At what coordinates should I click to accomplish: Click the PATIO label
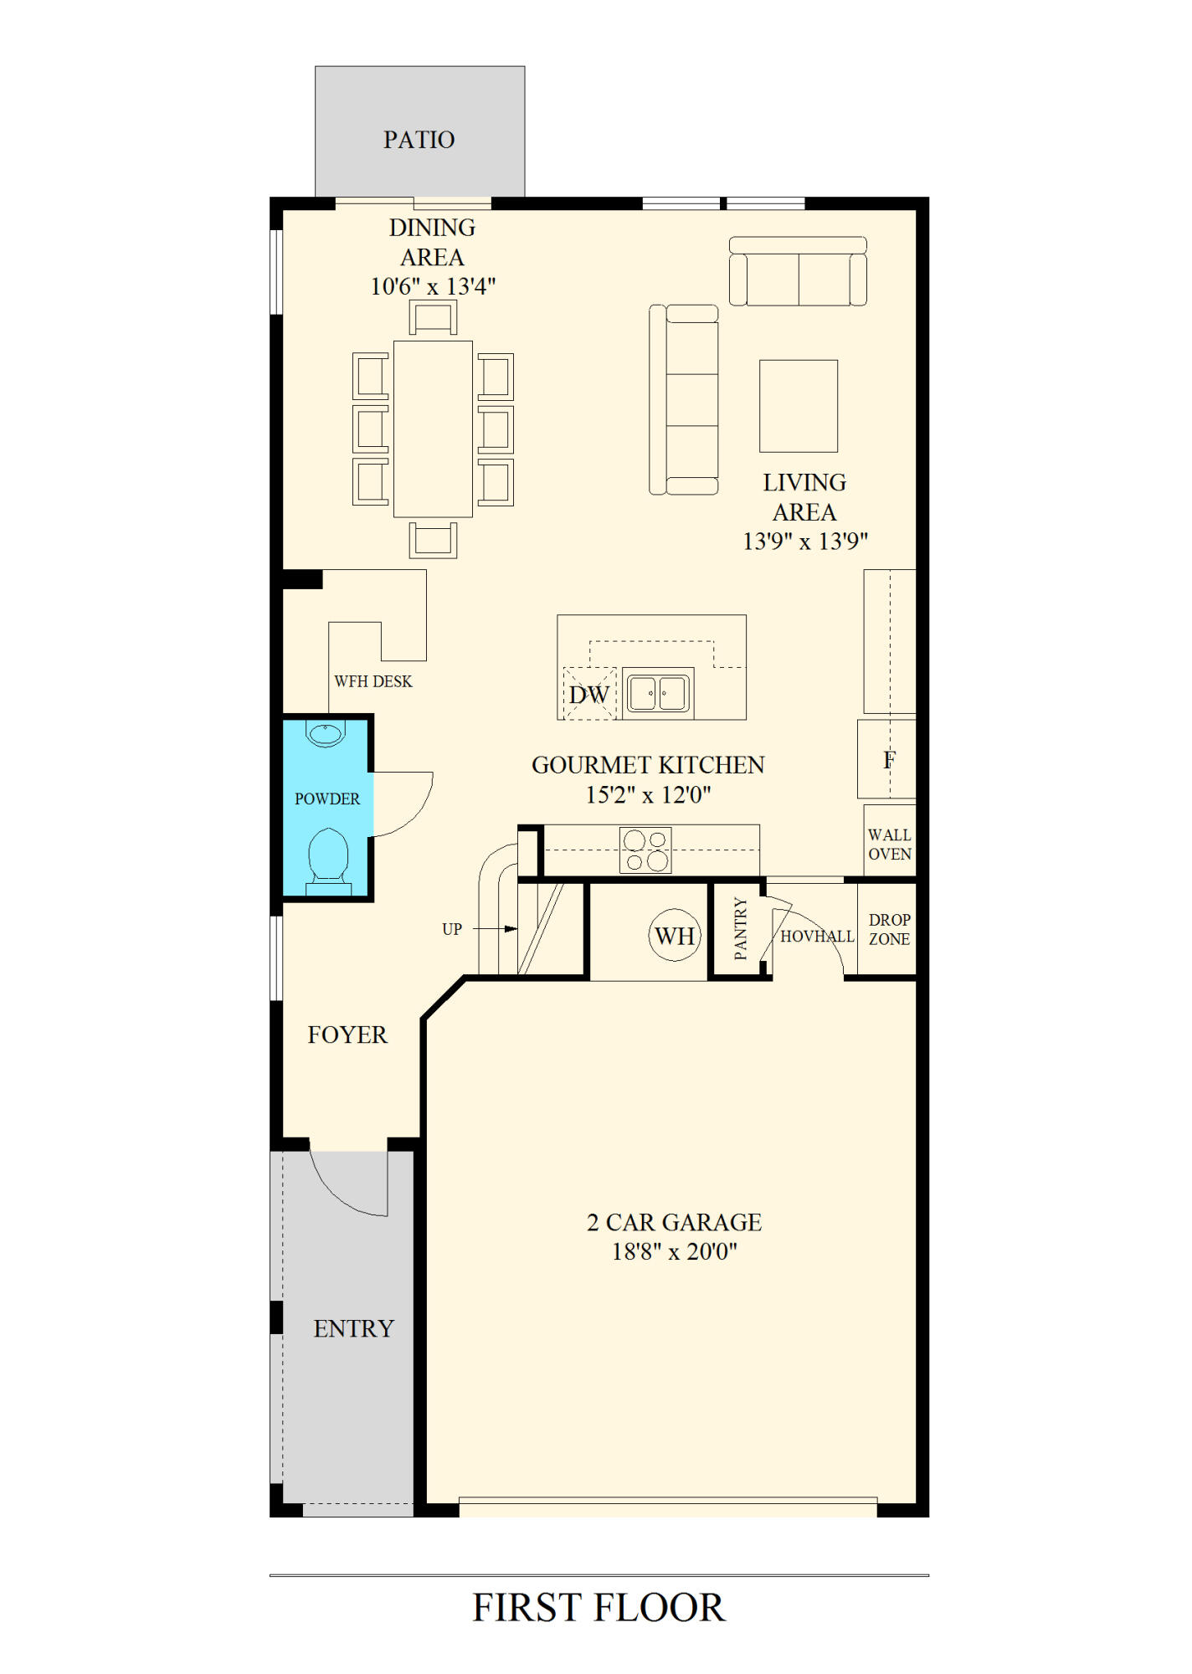pos(419,139)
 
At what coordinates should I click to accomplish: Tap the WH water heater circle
pos(675,935)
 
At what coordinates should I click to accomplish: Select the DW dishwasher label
pos(588,695)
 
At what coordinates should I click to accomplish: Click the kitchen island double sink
pos(658,693)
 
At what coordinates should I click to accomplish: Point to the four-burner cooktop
pos(645,850)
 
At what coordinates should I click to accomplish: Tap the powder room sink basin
pos(326,734)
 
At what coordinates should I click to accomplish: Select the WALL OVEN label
pos(889,845)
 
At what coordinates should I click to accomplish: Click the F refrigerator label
pos(889,760)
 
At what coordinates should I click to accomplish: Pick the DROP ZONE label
pos(889,929)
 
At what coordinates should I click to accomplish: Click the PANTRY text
pos(740,928)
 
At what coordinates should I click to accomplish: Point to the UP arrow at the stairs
pos(496,928)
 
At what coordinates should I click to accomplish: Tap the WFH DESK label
pos(373,681)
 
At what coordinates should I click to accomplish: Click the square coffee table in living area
pos(799,406)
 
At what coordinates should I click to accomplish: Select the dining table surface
pos(433,429)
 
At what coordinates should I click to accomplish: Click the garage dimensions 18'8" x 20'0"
pos(675,1251)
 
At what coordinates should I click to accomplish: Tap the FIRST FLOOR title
pos(599,1608)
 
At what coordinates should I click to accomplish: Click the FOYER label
pos(347,1035)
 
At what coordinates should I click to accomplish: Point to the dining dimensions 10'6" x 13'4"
pos(433,286)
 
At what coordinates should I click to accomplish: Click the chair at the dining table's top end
pos(433,318)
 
